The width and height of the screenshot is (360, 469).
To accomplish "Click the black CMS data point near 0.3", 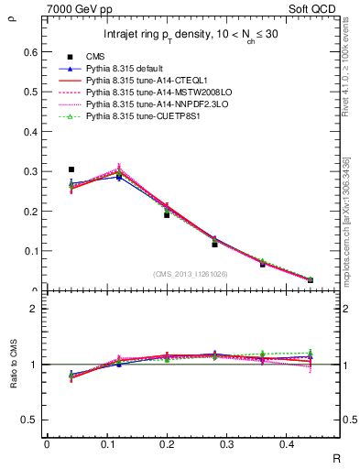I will (x=71, y=169).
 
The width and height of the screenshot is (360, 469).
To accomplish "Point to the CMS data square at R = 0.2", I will (x=167, y=214).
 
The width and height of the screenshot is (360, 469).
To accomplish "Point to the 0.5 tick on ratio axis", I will (x=32, y=420).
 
